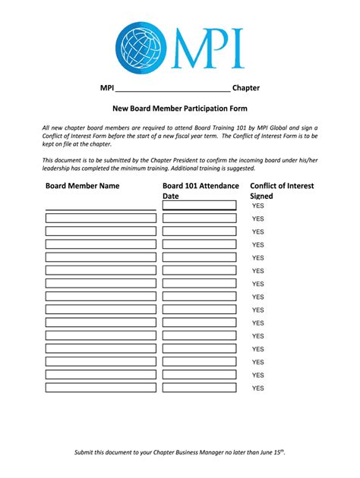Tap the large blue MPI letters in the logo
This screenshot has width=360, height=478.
pos(206,47)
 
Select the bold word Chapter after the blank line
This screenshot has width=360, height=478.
pos(246,88)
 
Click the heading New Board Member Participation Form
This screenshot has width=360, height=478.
pos(180,108)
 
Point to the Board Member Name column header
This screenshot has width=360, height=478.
pos(82,185)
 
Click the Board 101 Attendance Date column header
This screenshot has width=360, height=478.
pos(201,190)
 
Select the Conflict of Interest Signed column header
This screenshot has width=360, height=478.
pos(281,190)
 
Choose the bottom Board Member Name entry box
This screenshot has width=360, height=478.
pos(100,388)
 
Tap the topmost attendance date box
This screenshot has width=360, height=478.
pos(199,205)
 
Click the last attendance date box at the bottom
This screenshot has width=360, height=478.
pos(199,388)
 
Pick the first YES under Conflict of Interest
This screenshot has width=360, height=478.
pos(257,206)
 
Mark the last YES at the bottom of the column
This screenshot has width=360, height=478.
pos(257,388)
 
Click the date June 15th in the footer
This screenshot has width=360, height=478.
pos(271,453)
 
